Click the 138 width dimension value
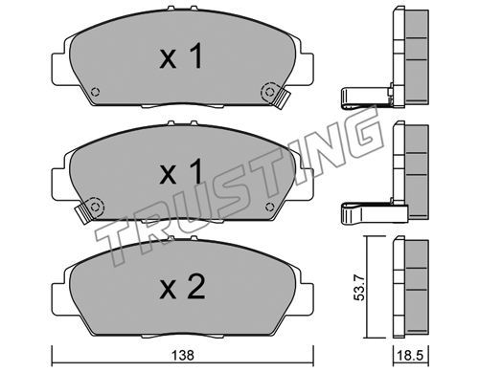183,355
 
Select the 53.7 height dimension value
360,288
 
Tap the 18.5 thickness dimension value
411,355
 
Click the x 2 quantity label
182,287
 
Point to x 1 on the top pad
181,56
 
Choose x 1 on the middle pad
181,172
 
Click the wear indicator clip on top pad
281,99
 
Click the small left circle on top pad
95,92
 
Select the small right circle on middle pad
270,207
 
